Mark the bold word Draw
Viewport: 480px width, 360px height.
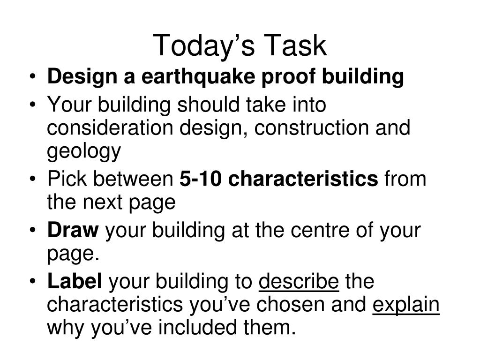(x=73, y=230)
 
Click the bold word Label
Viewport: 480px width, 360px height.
(x=75, y=282)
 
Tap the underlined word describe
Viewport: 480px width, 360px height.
(x=299, y=282)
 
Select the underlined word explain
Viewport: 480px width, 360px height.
(x=406, y=305)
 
